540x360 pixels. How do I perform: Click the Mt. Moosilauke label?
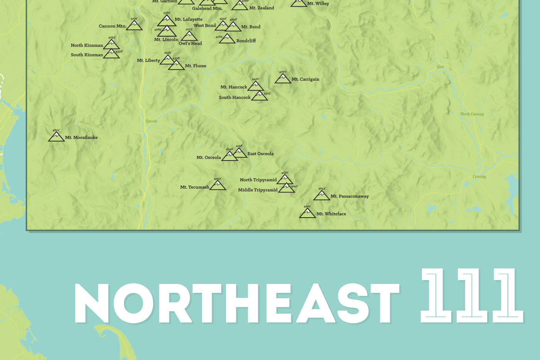pos(81,137)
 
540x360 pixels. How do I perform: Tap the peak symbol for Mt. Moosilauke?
pos(56,137)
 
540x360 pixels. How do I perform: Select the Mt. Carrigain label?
pos(305,79)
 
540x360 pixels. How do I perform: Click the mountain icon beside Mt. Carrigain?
pos(283,79)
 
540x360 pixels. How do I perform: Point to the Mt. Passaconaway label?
pos(349,196)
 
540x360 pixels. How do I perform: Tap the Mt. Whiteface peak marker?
pos(307,213)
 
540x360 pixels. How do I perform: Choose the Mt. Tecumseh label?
pos(194,187)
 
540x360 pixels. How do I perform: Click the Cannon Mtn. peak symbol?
pos(134,26)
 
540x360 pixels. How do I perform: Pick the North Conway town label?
pos(472,114)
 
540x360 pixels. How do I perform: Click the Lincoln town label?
pos(152,121)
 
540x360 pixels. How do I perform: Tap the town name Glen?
pos(440,67)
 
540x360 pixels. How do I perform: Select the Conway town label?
pos(479,177)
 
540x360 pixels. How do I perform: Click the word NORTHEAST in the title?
pos(236,303)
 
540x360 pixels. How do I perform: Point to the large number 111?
pos(471,296)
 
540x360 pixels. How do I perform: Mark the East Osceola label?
pos(260,154)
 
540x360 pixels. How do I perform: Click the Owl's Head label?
pos(190,44)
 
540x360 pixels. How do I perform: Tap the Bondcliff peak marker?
pos(227,39)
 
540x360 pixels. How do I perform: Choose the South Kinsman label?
pos(87,55)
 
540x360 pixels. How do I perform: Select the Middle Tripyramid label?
pos(258,190)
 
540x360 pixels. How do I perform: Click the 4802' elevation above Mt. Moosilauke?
pos(56,130)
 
